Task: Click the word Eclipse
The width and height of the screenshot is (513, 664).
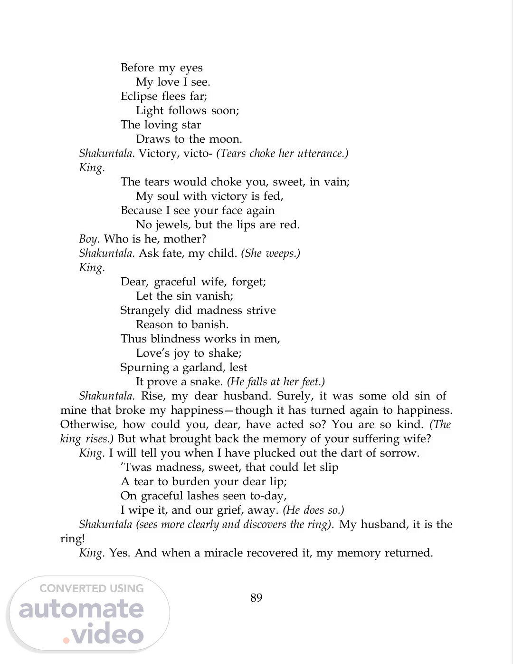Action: [139, 97]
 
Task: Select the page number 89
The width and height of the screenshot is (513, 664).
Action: [256, 598]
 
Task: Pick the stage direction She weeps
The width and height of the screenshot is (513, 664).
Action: [271, 254]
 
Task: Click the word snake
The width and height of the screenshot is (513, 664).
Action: [207, 382]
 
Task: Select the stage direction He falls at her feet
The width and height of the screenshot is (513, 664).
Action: [276, 382]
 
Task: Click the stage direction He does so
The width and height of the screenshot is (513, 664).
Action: [313, 510]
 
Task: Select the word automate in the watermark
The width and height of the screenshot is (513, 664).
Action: [81, 610]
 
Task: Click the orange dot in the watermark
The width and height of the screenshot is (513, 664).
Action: [66, 640]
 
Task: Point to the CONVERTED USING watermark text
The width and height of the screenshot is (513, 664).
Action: [92, 588]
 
